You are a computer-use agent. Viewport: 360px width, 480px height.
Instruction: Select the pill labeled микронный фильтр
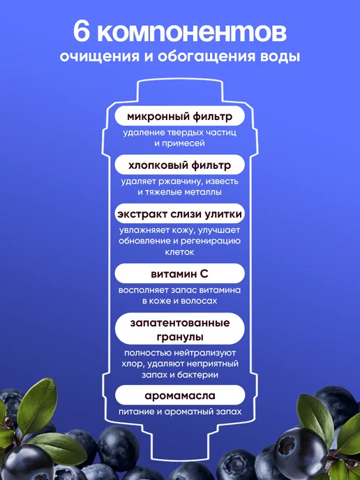coord(180,117)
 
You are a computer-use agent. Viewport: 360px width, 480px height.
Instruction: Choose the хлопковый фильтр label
coord(180,165)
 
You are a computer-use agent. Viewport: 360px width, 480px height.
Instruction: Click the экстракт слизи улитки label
coord(180,214)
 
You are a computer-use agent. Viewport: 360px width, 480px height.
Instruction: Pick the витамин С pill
coord(180,273)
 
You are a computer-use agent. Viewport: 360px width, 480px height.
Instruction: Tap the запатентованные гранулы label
coord(180,329)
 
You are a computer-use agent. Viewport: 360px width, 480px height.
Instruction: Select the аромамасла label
coord(180,396)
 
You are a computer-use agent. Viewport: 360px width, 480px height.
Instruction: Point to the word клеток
coord(180,253)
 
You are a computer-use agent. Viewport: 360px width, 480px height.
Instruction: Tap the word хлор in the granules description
coord(132,365)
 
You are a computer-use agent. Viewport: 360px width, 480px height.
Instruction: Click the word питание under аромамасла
coord(135,412)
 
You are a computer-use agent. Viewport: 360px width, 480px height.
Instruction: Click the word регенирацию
coord(210,241)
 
